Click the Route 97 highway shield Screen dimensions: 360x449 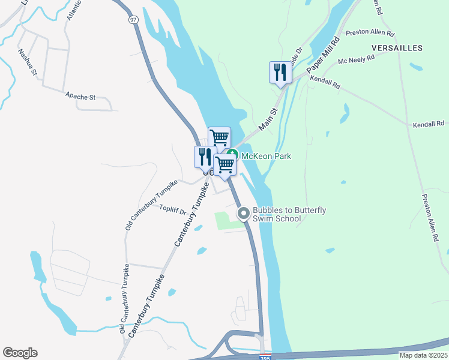(x=133, y=20)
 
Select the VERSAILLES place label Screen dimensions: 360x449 (x=397, y=47)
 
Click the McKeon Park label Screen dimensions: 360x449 (x=267, y=156)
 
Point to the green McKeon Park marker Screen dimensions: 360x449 (x=234, y=155)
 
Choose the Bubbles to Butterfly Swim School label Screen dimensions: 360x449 (x=289, y=214)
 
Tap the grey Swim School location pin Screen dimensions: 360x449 (x=244, y=213)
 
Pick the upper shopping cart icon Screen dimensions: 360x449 (x=219, y=137)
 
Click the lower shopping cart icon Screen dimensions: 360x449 (x=225, y=164)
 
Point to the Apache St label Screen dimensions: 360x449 (x=80, y=96)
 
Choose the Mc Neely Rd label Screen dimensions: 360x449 (x=357, y=59)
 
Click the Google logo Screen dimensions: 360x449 (x=20, y=353)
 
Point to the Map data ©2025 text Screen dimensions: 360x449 (x=423, y=355)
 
